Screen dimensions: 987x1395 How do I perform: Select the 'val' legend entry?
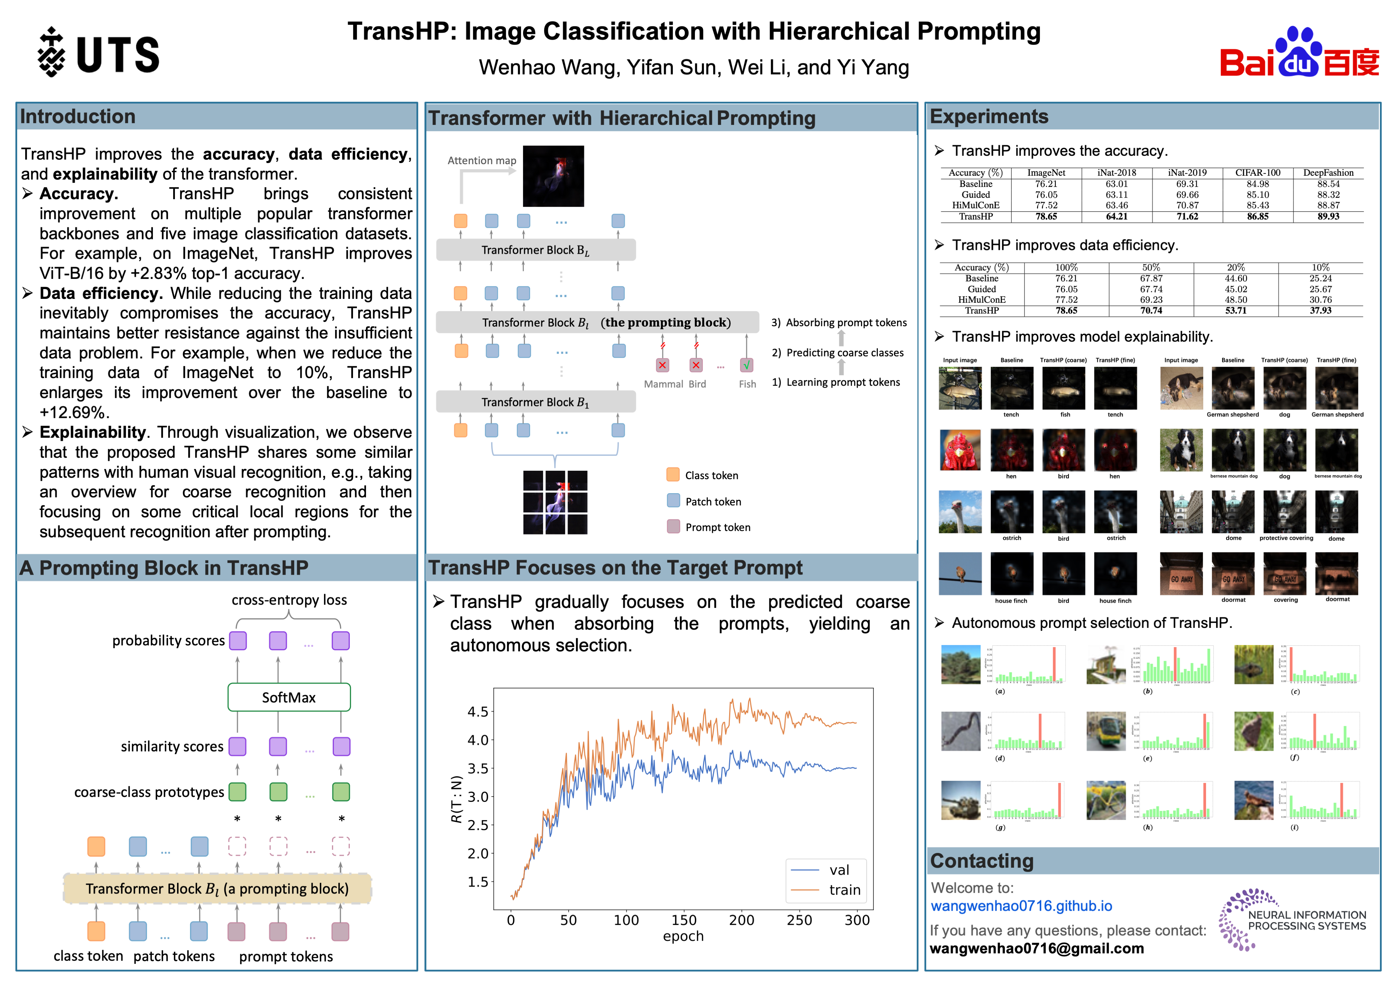coord(838,870)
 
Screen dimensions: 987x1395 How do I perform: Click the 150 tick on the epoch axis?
coord(684,920)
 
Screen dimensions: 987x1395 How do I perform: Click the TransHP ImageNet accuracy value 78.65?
coord(1046,216)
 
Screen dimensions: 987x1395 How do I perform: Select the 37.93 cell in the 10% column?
coord(1320,310)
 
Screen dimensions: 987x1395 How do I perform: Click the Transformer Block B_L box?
coord(535,250)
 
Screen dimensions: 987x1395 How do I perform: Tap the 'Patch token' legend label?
coord(713,502)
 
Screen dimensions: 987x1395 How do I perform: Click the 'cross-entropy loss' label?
coord(289,600)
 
